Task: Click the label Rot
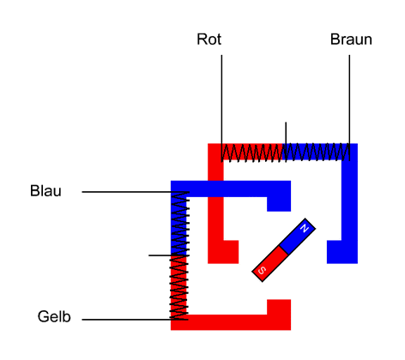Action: [209, 39]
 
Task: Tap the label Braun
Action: [351, 39]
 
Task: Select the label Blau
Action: [45, 191]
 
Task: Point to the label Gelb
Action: [54, 316]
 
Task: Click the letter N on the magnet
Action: [305, 228]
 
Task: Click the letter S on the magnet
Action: [262, 270]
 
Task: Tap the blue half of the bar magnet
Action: [298, 236]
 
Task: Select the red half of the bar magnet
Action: [269, 264]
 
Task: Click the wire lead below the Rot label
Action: [221, 108]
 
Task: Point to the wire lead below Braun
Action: [349, 108]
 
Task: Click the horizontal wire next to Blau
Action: [135, 192]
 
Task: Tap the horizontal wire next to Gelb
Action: [135, 320]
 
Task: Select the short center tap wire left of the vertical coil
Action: [160, 255]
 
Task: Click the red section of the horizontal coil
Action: [252, 153]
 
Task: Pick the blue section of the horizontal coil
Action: [316, 153]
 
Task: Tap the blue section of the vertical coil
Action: [179, 224]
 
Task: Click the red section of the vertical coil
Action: [179, 287]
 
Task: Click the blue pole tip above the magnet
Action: [279, 204]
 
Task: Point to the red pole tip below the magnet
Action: [279, 307]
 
